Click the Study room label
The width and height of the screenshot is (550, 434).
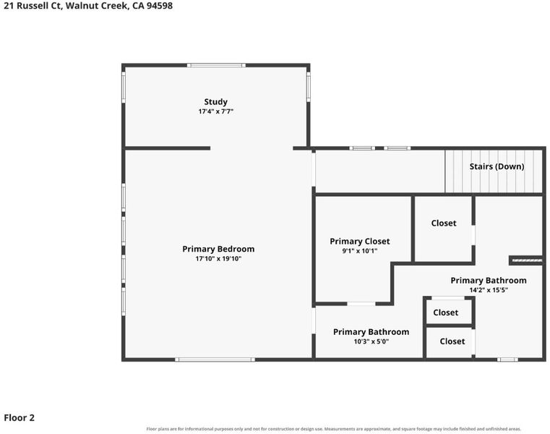coord(215,102)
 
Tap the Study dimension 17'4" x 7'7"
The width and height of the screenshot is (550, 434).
coord(215,111)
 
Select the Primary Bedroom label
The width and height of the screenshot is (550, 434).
coord(218,249)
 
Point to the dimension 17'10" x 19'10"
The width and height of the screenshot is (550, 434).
coord(218,259)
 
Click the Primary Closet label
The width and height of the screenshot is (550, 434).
coord(359,241)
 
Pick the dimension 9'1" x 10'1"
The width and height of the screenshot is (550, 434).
coord(359,251)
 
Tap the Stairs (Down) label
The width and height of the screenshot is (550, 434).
coord(497,166)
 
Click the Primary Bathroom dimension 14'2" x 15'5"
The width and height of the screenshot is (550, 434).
coord(489,290)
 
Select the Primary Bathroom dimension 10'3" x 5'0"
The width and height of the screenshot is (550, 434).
coord(371,341)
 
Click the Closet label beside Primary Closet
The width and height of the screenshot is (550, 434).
coord(444,224)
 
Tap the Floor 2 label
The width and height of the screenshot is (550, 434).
coord(20,417)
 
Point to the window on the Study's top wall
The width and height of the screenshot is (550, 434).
coord(216,65)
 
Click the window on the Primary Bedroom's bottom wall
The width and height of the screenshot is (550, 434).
coord(215,359)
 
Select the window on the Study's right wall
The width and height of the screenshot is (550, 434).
coord(309,87)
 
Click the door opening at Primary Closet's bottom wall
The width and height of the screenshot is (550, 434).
coord(361,303)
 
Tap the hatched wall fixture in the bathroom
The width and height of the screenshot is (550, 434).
coord(527,260)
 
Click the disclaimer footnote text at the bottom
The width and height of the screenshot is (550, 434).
coord(334,429)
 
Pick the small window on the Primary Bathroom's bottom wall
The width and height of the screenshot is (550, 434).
coord(507,359)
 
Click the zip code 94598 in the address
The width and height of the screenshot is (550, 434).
coord(160,6)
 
